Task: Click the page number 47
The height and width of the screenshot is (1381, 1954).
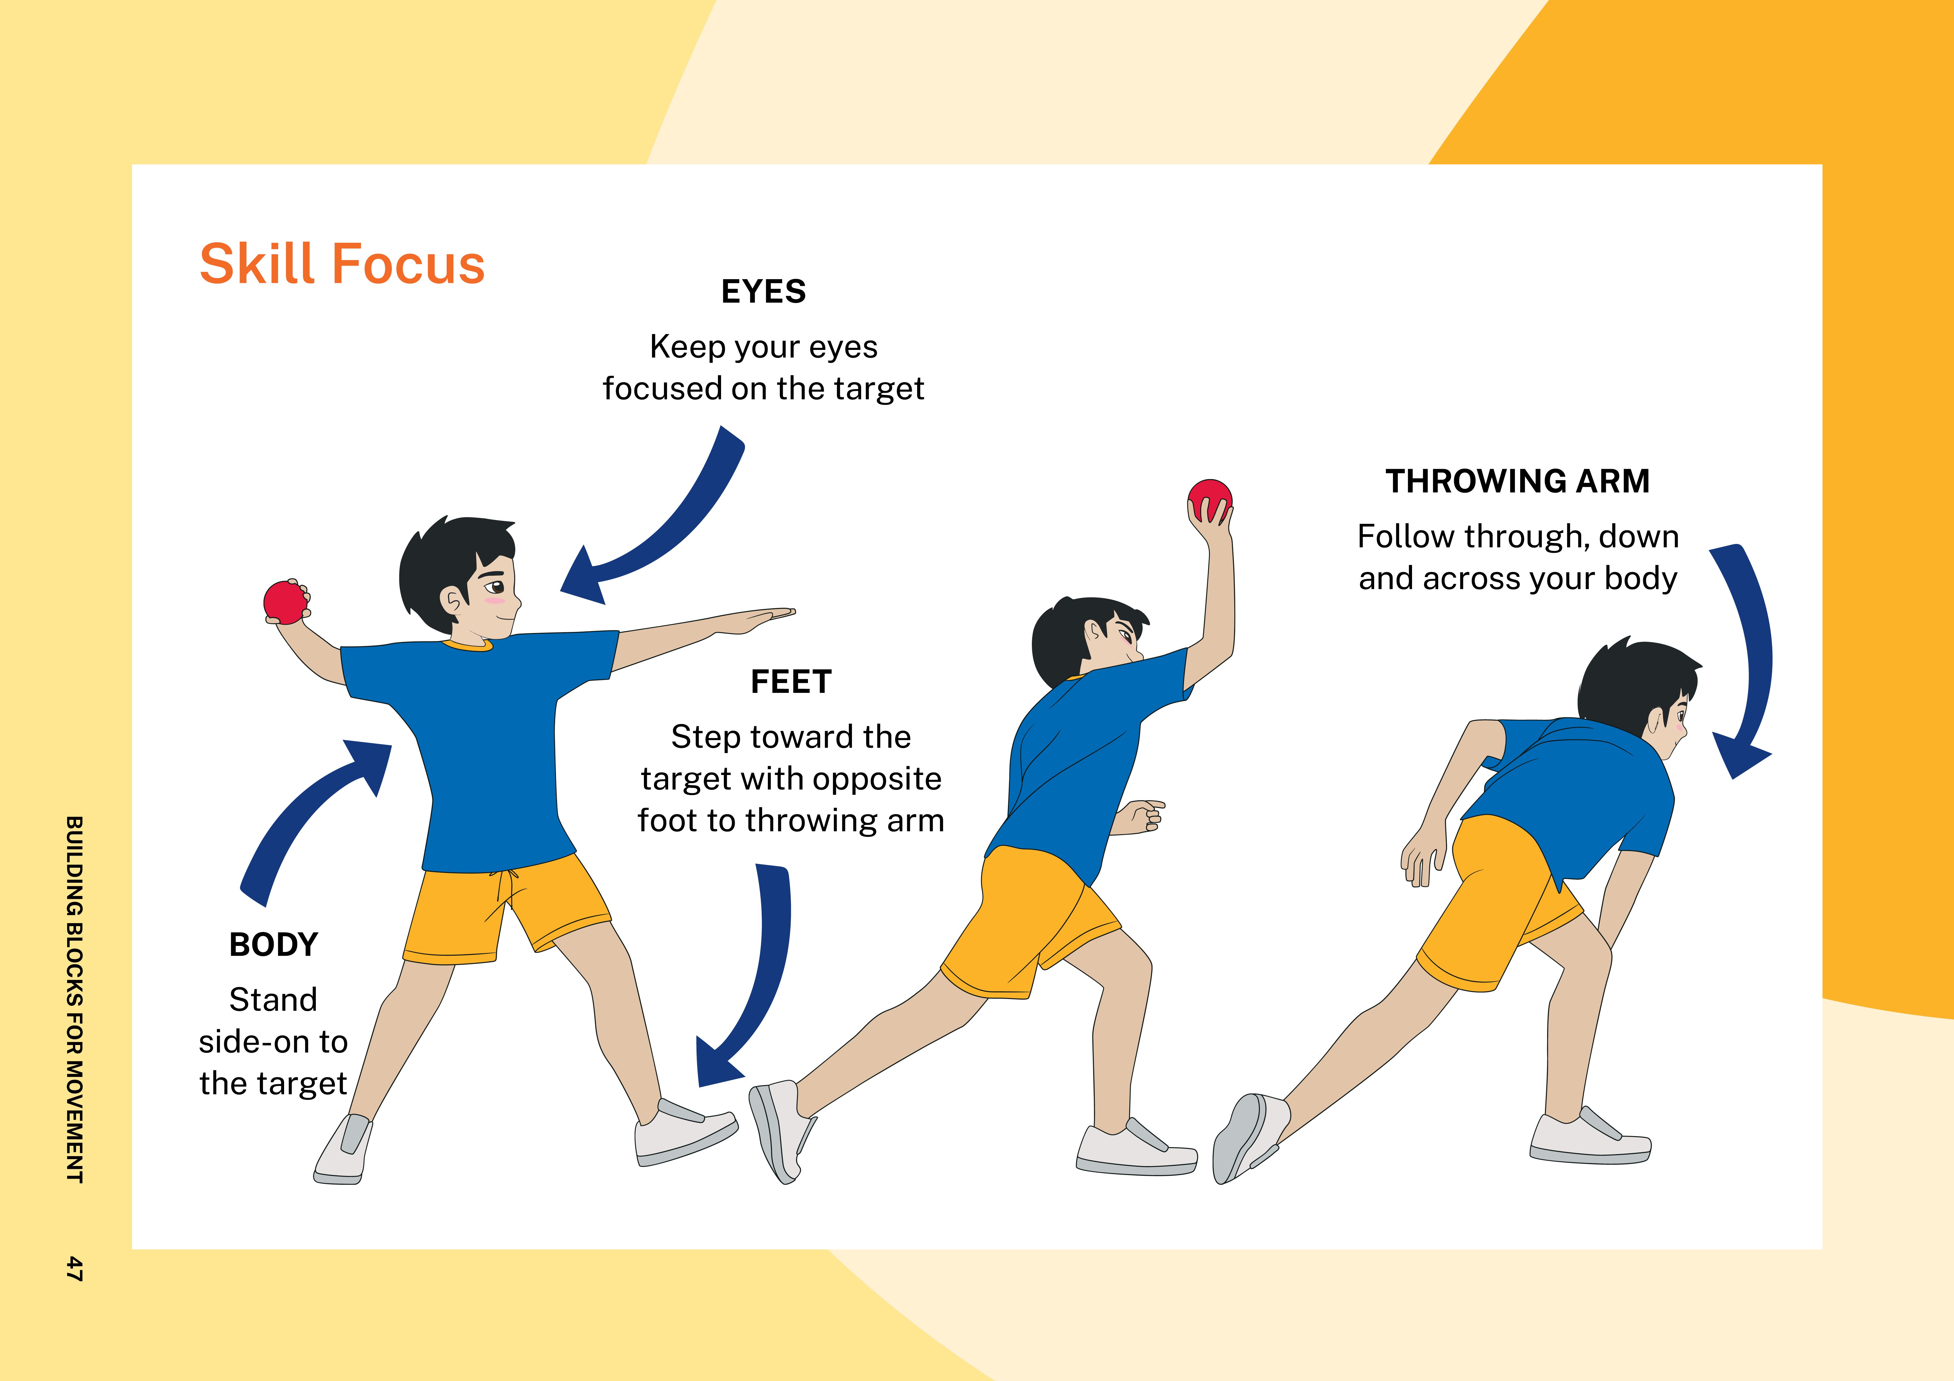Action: click(75, 1268)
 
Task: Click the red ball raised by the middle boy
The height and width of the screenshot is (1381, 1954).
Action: click(1209, 499)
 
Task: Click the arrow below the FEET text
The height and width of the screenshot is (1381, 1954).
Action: click(758, 978)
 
